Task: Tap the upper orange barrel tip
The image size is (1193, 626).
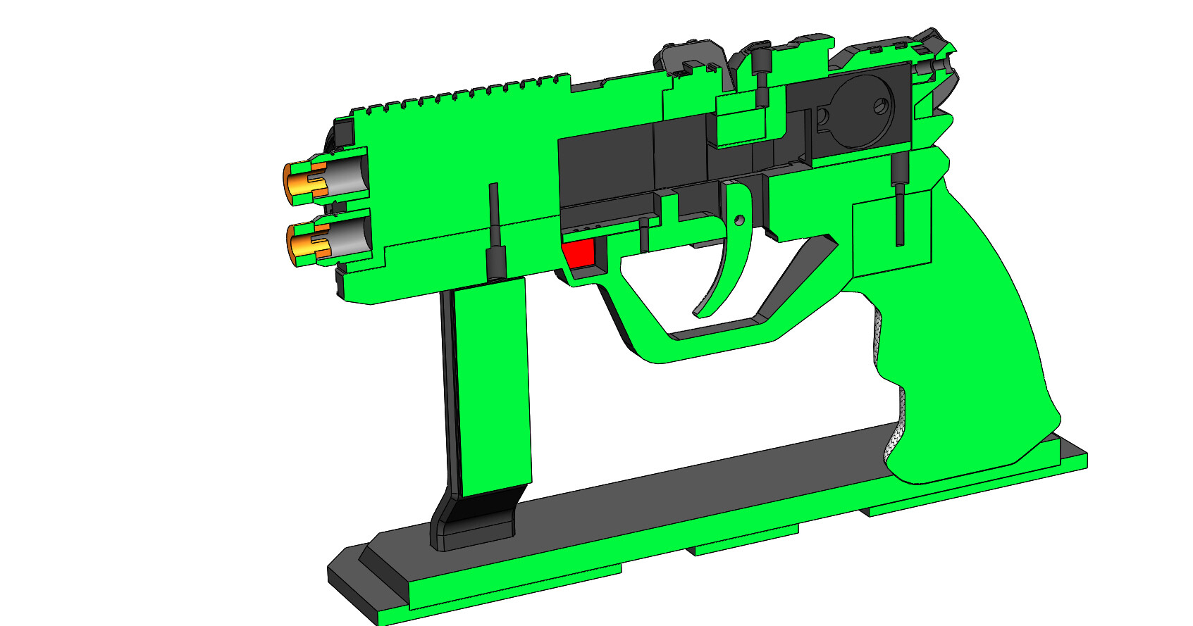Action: [x=297, y=181]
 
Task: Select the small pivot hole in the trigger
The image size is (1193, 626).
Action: [x=739, y=220]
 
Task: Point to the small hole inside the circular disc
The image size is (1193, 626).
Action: [x=879, y=107]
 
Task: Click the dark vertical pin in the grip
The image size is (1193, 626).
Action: [x=900, y=204]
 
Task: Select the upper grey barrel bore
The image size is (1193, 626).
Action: [x=349, y=177]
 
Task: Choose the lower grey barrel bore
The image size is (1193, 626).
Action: [x=350, y=236]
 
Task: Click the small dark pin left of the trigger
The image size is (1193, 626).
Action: [x=643, y=236]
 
